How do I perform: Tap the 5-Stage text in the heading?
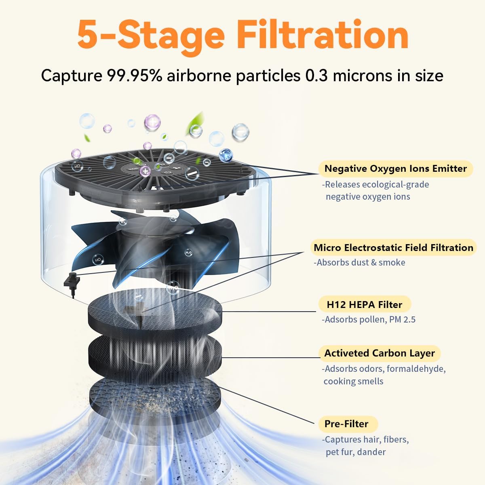coord(150,36)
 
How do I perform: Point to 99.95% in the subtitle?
coord(129,76)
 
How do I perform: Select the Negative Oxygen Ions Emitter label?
coord(395,169)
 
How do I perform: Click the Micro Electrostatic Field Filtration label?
coord(393,247)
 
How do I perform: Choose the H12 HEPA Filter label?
coord(364,304)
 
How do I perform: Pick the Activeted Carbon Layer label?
coord(379,353)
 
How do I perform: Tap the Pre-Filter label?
coord(346,424)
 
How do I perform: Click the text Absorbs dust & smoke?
coord(359,262)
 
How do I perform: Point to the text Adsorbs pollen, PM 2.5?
coord(369,319)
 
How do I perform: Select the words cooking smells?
coord(353,381)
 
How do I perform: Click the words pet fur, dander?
coord(356,452)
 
